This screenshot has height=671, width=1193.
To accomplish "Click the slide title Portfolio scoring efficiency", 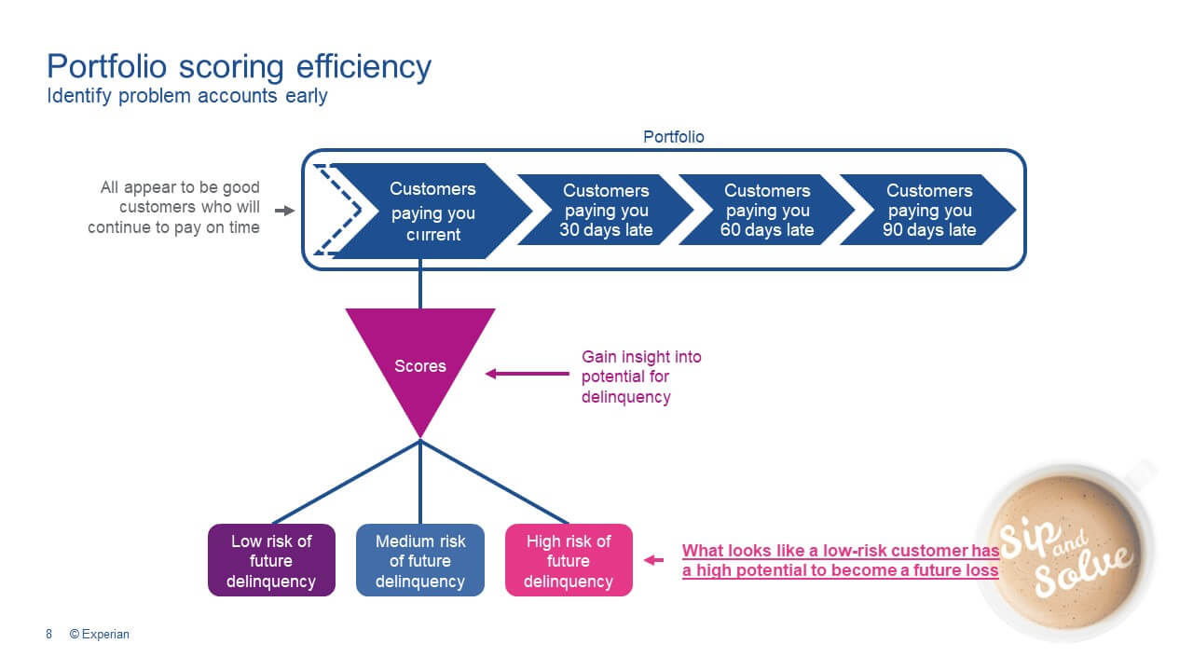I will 239,67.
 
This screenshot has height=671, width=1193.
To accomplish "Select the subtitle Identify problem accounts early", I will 186,96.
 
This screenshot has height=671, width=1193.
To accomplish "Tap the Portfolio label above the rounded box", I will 674,137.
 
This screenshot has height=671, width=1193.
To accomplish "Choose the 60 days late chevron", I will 767,210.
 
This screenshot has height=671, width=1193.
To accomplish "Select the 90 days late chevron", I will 928,210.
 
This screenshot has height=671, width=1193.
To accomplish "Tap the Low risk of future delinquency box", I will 271,561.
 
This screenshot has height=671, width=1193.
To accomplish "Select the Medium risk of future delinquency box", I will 419,561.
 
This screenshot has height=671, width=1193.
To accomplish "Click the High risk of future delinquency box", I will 569,561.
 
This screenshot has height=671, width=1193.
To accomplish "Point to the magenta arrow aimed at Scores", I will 527,374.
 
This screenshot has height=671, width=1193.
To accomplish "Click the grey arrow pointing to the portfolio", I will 284,212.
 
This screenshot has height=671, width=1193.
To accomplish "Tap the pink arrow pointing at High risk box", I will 654,560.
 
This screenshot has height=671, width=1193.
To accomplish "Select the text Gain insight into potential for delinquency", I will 640,377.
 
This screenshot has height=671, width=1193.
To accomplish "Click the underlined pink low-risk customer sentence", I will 840,560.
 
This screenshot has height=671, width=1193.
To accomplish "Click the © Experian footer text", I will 100,635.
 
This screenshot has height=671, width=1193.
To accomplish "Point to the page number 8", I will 49,635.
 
